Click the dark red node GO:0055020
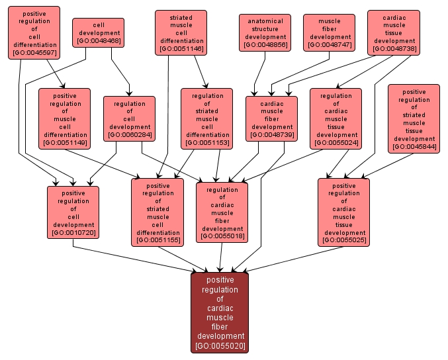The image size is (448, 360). click(x=220, y=312)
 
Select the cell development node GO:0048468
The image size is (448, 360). click(x=99, y=32)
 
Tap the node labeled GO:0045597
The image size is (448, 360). click(x=34, y=32)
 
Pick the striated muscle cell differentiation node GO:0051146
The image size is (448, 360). click(x=181, y=32)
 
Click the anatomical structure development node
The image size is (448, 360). click(x=265, y=32)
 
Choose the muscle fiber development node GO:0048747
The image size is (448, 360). click(x=329, y=32)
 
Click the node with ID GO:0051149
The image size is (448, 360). click(x=65, y=118)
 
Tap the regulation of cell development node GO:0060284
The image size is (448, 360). click(x=129, y=118)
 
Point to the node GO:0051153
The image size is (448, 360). click(x=206, y=118)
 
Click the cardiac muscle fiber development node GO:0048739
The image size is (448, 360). click(x=271, y=118)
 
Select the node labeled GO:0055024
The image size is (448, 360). click(x=336, y=118)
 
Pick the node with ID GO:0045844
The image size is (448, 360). click(x=414, y=118)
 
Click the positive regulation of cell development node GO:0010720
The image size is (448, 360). click(x=73, y=212)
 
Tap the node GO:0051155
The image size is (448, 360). click(x=157, y=212)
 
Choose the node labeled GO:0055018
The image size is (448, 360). click(x=222, y=212)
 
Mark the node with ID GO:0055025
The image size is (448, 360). click(x=343, y=212)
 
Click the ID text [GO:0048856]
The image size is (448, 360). click(x=265, y=45)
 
